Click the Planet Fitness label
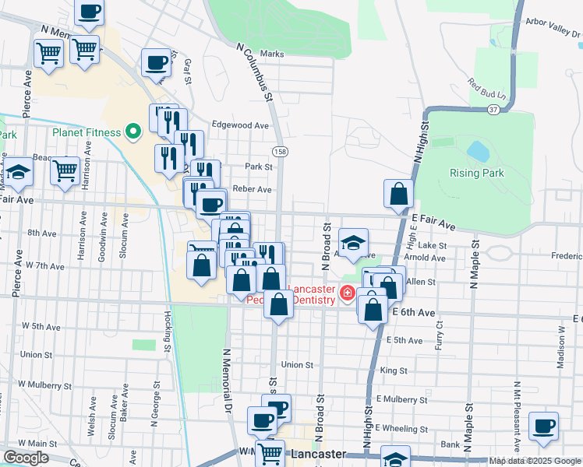(x=87, y=132)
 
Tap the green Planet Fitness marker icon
(x=133, y=132)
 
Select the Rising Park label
(x=476, y=173)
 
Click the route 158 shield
(x=278, y=149)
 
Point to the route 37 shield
(x=493, y=110)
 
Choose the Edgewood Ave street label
(x=240, y=125)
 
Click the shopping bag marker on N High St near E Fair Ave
(x=398, y=194)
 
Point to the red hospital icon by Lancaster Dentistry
(x=346, y=294)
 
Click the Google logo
(x=26, y=458)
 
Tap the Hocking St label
(x=168, y=330)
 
